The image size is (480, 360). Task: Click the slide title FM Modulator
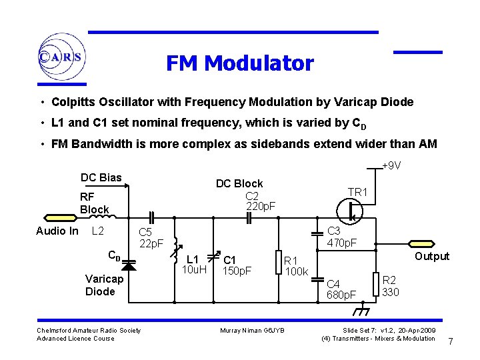click(x=239, y=63)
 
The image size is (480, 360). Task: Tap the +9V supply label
click(x=391, y=166)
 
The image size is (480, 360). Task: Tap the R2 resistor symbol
click(x=377, y=283)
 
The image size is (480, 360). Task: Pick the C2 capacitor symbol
click(x=248, y=217)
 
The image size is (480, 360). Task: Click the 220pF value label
click(x=261, y=206)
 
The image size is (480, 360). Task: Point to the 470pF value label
click(x=342, y=243)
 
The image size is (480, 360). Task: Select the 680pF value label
click(x=341, y=294)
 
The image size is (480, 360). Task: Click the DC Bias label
click(x=101, y=177)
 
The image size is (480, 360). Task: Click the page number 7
click(x=451, y=342)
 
